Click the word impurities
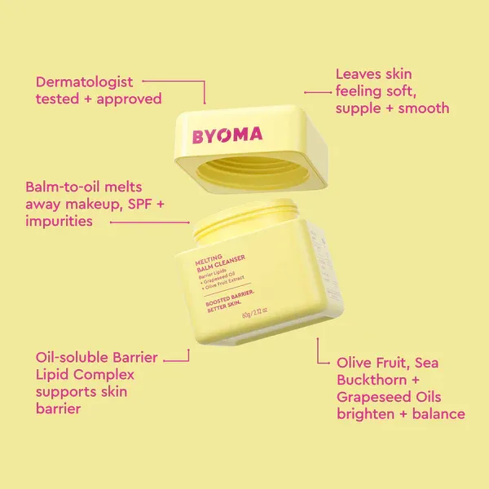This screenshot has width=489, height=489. coord(58,221)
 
